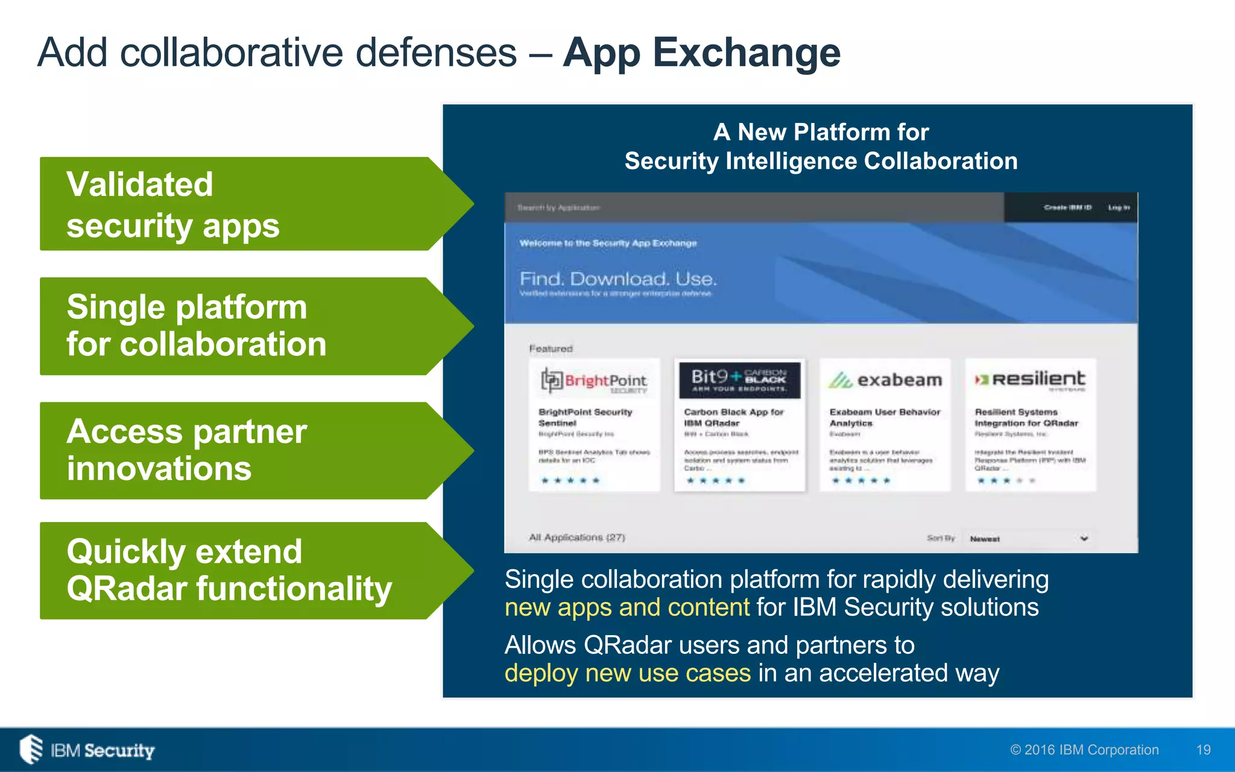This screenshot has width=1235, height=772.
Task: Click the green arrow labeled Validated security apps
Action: [241, 204]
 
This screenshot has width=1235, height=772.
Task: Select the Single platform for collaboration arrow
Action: [241, 326]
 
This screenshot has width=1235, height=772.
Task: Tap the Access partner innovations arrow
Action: [241, 450]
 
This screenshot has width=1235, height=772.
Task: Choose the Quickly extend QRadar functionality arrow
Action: [241, 571]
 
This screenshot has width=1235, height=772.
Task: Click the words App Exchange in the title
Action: [701, 53]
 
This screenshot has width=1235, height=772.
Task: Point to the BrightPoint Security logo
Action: [594, 381]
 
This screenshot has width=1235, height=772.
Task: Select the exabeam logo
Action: [885, 380]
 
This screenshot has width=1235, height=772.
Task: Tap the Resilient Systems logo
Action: [1030, 380]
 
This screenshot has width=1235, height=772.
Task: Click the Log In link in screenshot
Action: [1119, 207]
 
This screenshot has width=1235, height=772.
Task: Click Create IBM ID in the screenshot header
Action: [1067, 207]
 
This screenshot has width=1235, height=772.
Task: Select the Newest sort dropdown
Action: [1028, 539]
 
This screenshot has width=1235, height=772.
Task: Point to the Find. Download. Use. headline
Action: [618, 279]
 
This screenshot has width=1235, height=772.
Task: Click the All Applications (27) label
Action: [577, 537]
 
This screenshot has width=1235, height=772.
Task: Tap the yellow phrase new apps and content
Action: [627, 607]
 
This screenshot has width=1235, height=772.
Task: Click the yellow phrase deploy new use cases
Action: [627, 673]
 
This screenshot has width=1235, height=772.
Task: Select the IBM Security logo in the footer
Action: [87, 750]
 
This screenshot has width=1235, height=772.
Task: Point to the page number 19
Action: [1203, 750]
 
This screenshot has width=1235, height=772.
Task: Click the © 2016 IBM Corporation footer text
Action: [1084, 750]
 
